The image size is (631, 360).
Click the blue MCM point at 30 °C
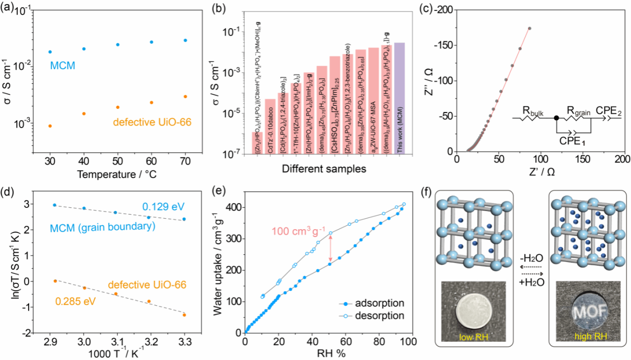tap(50, 52)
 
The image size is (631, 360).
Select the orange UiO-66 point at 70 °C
tap(185, 96)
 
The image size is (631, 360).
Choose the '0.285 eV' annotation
tap(70, 301)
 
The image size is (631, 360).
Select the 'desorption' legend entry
tap(384, 315)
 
